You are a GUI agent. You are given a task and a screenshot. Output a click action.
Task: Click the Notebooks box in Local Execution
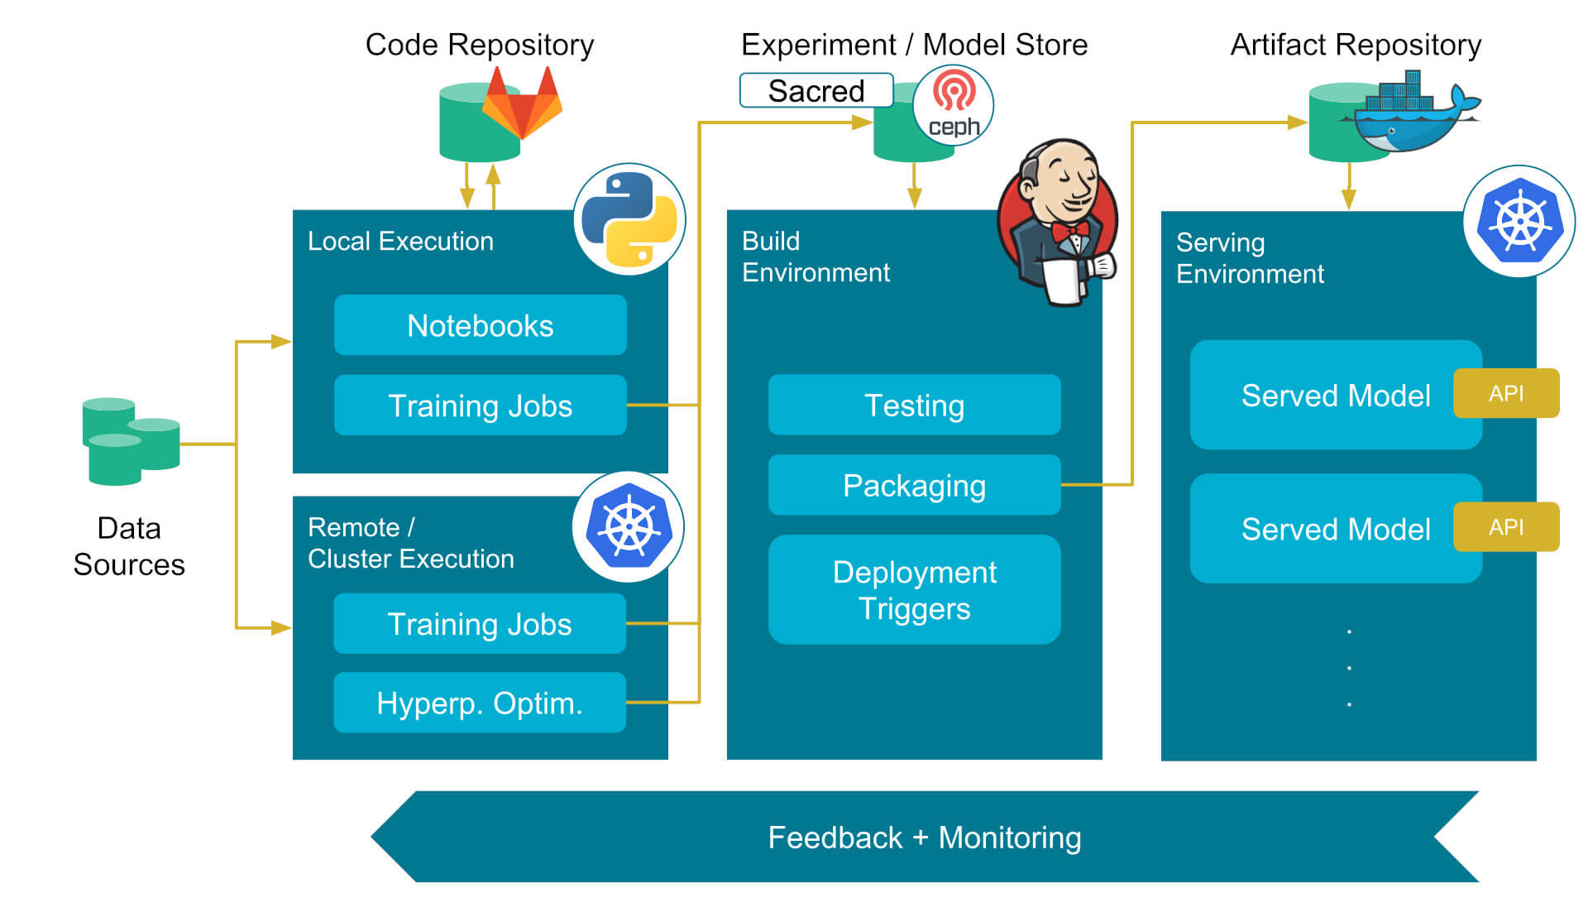[x=480, y=325]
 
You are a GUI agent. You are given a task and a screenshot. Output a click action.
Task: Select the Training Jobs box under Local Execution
[x=480, y=406]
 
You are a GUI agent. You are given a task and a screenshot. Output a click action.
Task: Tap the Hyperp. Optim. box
[x=480, y=703]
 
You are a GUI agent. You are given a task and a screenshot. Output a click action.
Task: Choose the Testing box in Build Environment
[x=914, y=406]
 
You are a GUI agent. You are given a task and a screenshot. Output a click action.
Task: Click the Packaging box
[x=914, y=485]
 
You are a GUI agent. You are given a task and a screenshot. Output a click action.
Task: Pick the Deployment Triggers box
[x=914, y=590]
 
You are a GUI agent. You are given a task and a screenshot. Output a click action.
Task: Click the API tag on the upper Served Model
[x=1506, y=393]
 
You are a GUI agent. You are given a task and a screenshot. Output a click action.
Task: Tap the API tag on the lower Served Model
[x=1506, y=527]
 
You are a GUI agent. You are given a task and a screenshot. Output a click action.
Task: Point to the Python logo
[x=629, y=219]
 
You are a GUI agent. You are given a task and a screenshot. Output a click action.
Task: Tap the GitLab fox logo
[x=522, y=103]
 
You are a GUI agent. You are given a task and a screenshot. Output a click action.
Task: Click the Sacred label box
[x=816, y=90]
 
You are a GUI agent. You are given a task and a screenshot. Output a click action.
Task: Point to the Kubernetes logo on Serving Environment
[x=1519, y=221]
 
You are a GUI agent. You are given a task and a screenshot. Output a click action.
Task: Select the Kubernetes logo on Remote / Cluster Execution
[x=629, y=527]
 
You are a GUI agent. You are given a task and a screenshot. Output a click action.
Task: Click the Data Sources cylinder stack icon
[x=130, y=440]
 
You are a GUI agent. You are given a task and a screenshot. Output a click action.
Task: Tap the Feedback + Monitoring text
[x=924, y=838]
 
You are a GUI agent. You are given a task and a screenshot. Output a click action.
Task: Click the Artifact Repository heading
[x=1356, y=45]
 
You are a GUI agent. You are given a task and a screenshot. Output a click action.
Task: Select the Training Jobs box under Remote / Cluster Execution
[x=480, y=624]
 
